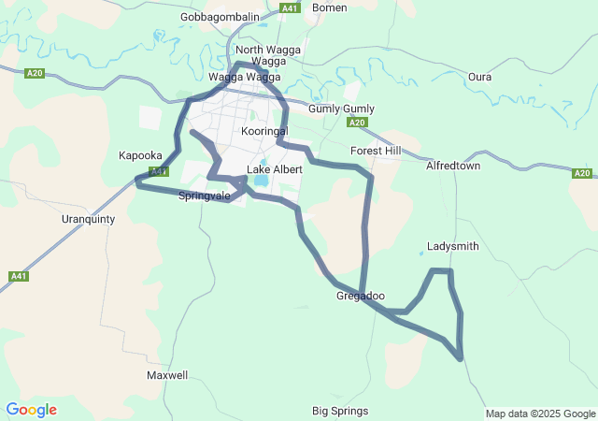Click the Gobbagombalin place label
221,17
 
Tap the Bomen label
330,7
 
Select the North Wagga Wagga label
262,55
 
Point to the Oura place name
479,77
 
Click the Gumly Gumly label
341,109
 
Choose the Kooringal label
264,132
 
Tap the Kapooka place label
140,156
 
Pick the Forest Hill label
376,151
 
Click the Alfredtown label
452,166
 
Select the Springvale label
204,196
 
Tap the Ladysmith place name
452,247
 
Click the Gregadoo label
360,297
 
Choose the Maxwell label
167,375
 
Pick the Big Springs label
340,411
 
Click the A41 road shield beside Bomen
290,7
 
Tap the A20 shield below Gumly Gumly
355,123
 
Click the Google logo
31,410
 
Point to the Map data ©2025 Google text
539,414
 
